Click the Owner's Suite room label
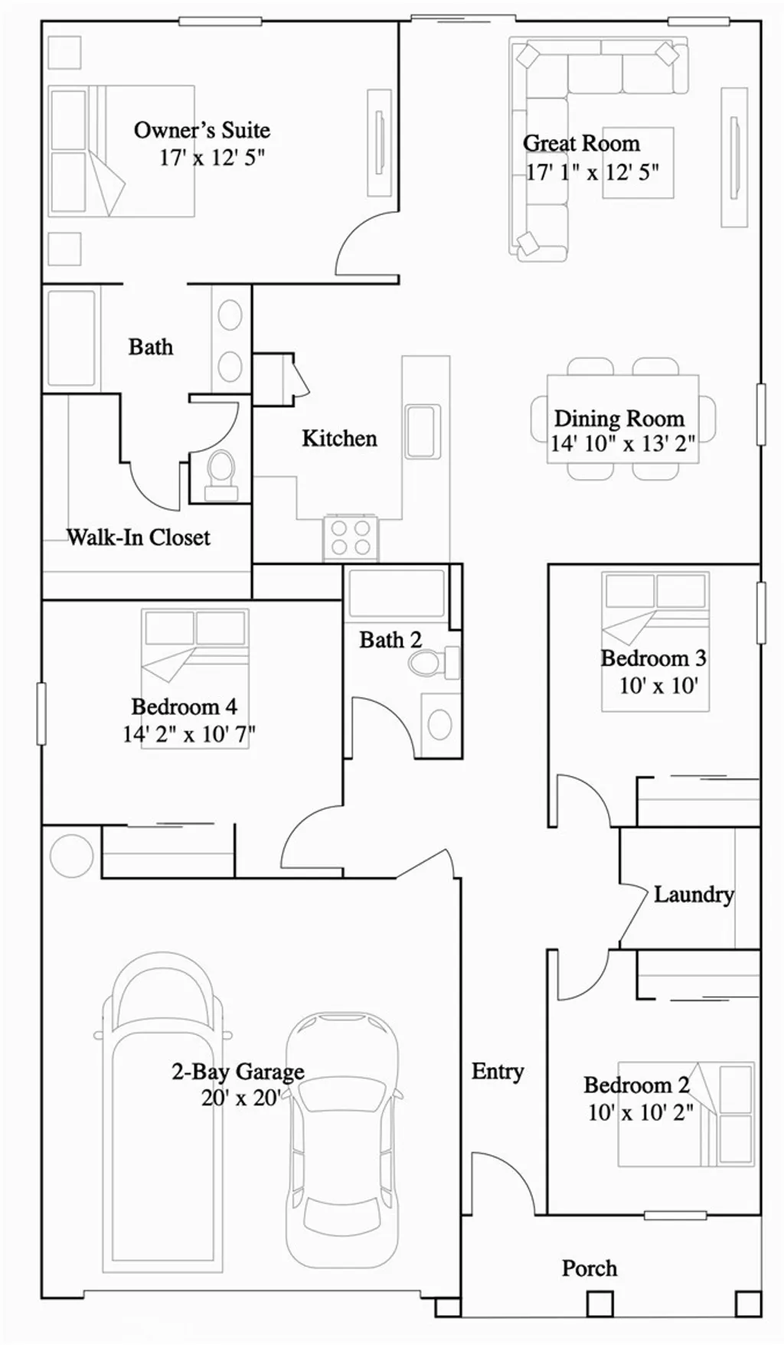pos(202,130)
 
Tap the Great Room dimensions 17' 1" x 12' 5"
pos(592,172)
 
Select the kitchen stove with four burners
pos(351,537)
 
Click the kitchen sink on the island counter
pos(423,431)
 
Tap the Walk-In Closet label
pos(139,537)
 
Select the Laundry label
pos(693,894)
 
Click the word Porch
pos(589,1268)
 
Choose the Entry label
pos(498,1071)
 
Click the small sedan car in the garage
pos(342,1133)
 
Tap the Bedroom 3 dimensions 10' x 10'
pos(658,685)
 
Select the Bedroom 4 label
pos(184,706)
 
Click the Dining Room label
pos(619,418)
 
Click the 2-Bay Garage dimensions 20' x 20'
pos(240,1098)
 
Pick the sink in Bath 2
pos(439,724)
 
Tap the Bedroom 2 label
pos(636,1085)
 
